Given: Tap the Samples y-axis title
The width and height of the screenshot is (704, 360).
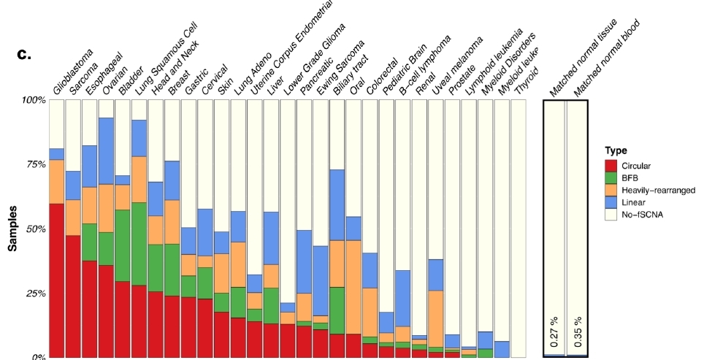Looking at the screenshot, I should pos(13,228).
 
